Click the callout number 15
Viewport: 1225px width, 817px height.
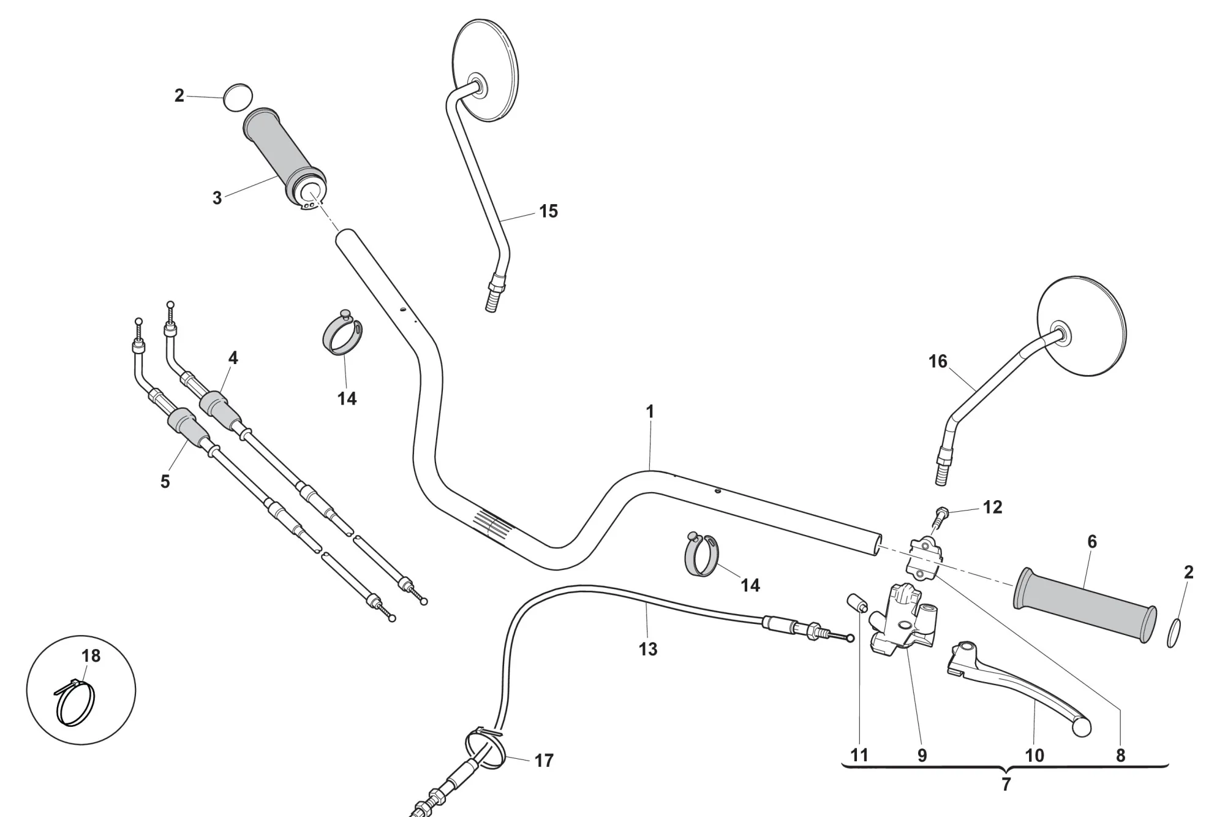click(548, 211)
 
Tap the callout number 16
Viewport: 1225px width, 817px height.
click(938, 362)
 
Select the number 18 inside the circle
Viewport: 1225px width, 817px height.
click(91, 656)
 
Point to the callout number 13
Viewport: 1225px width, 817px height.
click(647, 649)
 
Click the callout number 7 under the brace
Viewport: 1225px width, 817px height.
click(1006, 784)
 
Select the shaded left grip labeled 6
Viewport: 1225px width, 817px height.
click(1084, 606)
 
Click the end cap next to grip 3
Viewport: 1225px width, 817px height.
click(238, 97)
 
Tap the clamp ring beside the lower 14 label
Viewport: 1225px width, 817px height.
click(701, 555)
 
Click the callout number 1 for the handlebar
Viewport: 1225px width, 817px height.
click(650, 412)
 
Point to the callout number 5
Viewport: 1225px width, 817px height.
click(165, 482)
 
